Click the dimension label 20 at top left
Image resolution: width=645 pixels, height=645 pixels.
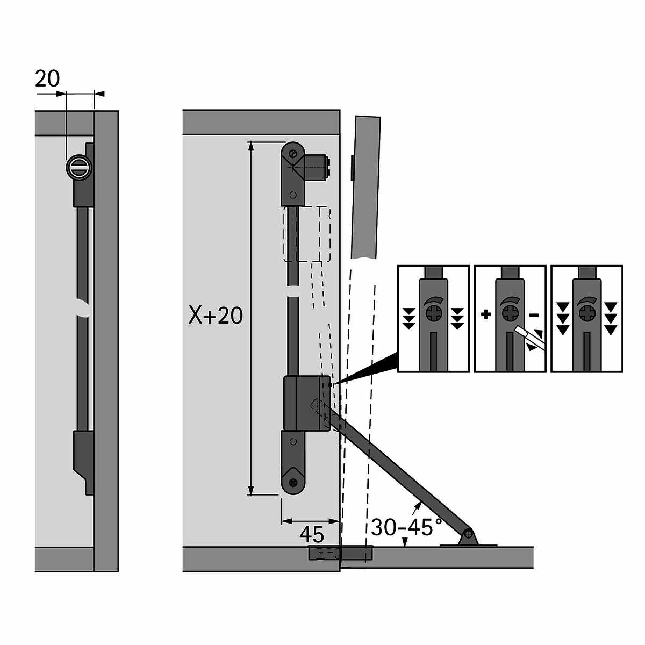pyautogui.click(x=47, y=79)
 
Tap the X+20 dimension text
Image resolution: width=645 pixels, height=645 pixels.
pyautogui.click(x=216, y=316)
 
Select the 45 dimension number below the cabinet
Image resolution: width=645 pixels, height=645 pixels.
pyautogui.click(x=312, y=534)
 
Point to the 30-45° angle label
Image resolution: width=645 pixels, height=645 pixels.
pyautogui.click(x=406, y=527)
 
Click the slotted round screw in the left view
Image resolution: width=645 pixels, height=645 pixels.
pyautogui.click(x=78, y=167)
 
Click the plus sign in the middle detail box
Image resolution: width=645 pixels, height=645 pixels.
pyautogui.click(x=486, y=314)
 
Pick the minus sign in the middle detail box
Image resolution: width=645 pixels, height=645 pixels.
pyautogui.click(x=534, y=315)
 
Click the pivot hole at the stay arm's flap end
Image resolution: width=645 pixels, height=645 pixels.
pyautogui.click(x=468, y=533)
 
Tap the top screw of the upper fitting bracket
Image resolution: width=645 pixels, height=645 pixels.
pyautogui.click(x=293, y=154)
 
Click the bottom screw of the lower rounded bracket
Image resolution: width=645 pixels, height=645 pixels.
pyautogui.click(x=293, y=482)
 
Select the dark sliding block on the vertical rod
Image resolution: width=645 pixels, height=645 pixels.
pyautogui.click(x=306, y=403)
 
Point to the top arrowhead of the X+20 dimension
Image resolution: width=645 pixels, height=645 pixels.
pyautogui.click(x=250, y=146)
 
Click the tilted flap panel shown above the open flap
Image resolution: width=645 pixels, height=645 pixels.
pyautogui.click(x=365, y=188)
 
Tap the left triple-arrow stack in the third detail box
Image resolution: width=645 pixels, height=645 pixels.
pyautogui.click(x=562, y=318)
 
